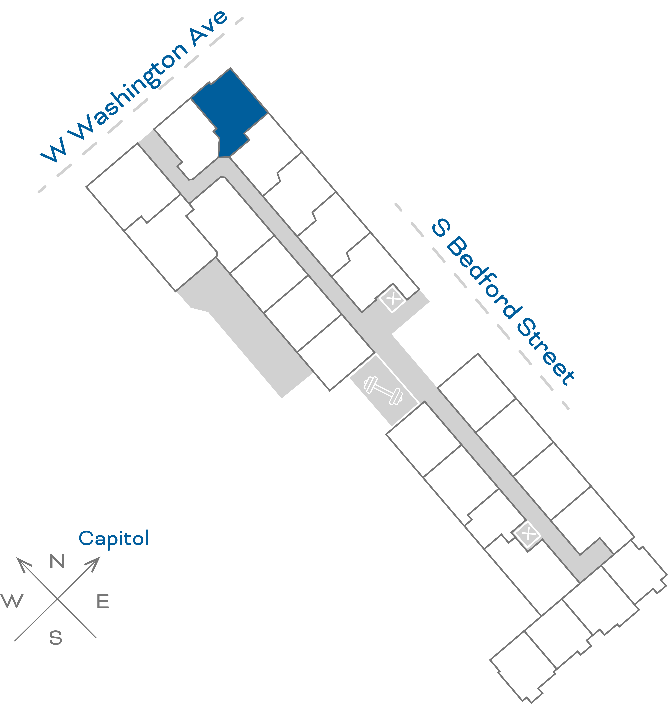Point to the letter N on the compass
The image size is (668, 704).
[x=57, y=562]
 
